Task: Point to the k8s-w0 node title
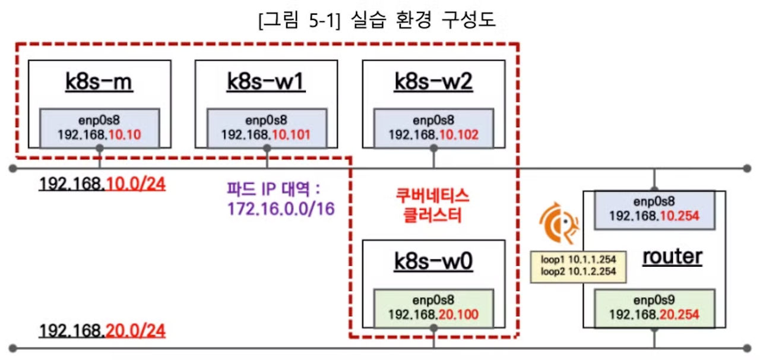pos(433,261)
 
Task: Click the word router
pos(672,257)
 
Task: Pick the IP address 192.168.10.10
pos(99,134)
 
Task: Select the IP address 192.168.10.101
pos(266,134)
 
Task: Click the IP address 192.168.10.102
pos(433,134)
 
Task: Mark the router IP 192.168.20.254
pos(654,314)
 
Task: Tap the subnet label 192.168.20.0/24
pos(102,330)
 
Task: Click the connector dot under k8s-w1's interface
pos(267,147)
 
